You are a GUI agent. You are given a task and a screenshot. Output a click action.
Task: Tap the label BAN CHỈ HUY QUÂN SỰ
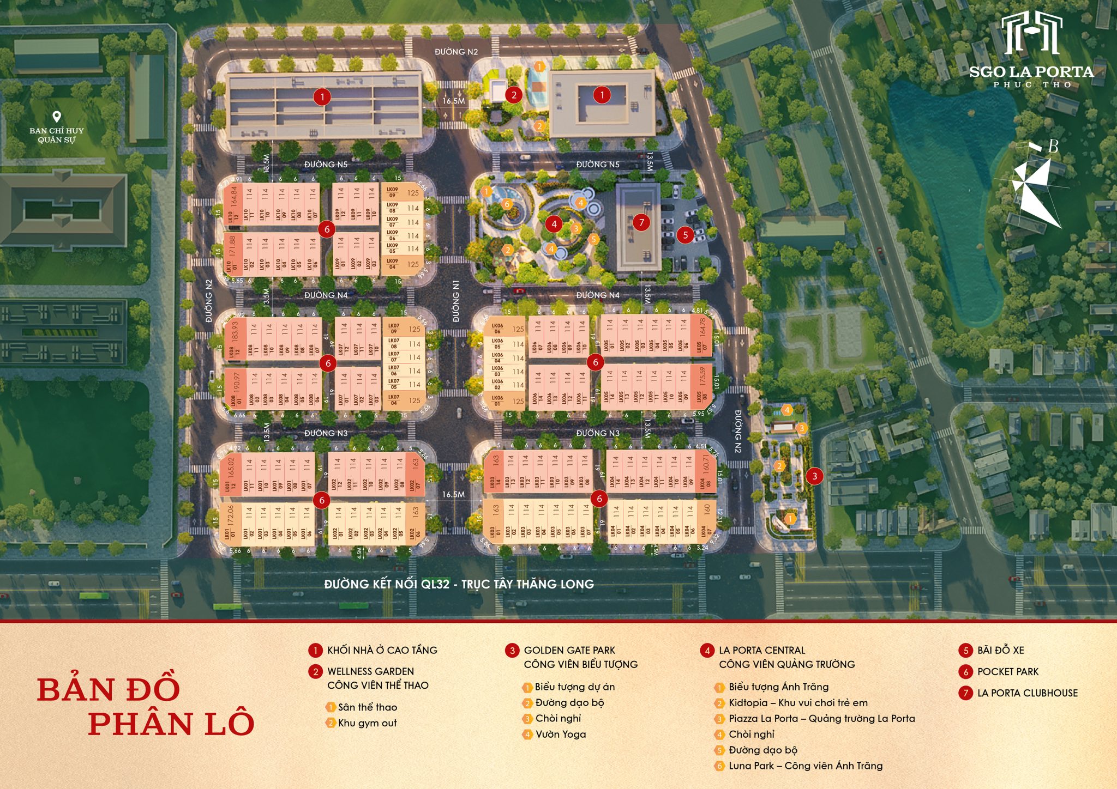click(57, 135)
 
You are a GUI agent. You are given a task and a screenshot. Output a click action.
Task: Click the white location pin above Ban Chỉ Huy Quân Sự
click(57, 117)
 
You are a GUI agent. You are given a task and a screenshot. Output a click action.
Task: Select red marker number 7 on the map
click(641, 222)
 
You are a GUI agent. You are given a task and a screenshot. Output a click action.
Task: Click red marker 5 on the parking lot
click(686, 235)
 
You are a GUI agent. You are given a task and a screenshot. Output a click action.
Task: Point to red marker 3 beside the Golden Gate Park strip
click(815, 476)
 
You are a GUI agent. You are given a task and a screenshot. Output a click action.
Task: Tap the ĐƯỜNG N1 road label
click(456, 301)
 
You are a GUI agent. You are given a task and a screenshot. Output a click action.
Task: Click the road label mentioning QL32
click(459, 584)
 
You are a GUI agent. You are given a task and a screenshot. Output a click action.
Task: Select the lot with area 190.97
click(236, 387)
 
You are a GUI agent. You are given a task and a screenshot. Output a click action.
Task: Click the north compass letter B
click(1053, 147)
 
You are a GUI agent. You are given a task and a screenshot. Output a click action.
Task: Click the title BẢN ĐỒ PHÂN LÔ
click(146, 706)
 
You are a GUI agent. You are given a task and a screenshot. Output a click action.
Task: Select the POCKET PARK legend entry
click(1007, 672)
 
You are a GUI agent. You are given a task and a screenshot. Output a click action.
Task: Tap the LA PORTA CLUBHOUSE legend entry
click(1027, 693)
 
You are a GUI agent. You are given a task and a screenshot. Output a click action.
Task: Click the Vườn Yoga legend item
click(560, 735)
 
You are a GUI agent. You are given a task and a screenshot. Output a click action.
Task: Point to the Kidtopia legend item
click(797, 703)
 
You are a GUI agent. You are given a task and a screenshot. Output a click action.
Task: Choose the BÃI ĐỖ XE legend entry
click(1000, 650)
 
